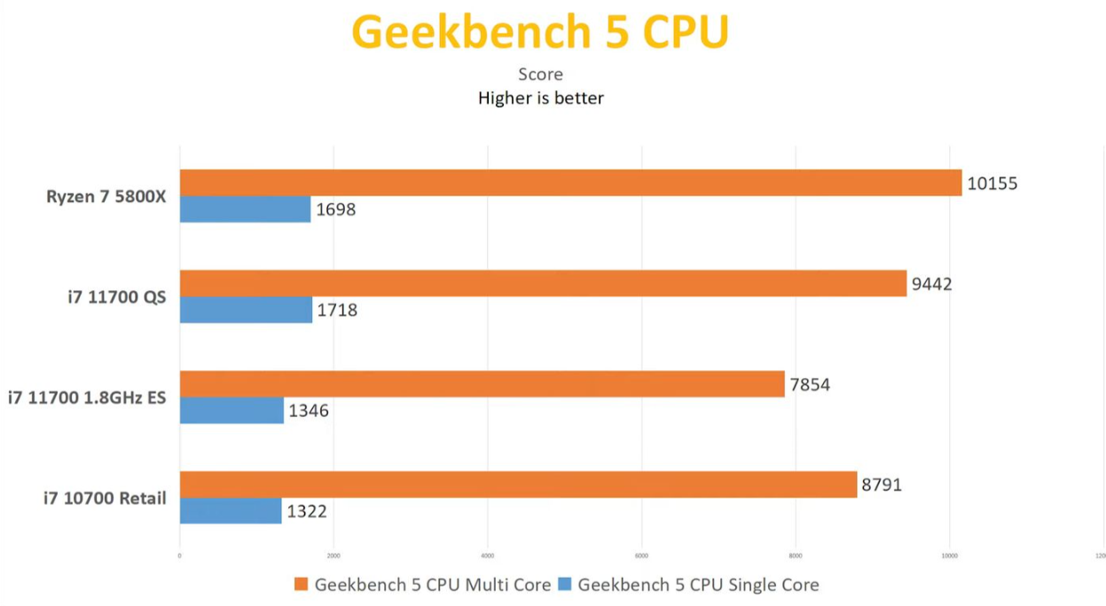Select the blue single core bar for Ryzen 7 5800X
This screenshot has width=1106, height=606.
coord(245,209)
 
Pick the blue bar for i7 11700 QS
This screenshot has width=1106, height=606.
coord(246,310)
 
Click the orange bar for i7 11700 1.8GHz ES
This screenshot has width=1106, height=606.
coord(482,384)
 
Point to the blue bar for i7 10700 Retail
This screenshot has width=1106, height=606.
coord(231,511)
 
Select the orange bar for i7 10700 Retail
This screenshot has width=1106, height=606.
coord(518,484)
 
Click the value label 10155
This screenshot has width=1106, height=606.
coord(992,184)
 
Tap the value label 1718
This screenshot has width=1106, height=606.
coord(337,311)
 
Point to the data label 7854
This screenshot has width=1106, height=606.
coord(810,385)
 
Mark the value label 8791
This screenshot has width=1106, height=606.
coord(882,485)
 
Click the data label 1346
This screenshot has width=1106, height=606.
coord(309,411)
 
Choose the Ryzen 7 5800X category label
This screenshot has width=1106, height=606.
coord(106,197)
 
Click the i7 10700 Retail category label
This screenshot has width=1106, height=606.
coord(105,499)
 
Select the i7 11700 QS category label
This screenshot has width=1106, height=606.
coord(117,297)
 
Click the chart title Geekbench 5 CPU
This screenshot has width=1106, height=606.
coord(540,32)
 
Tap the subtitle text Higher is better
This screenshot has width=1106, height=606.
coord(541,98)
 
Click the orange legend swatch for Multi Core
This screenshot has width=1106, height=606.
coord(301,585)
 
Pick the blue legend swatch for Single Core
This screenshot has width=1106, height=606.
coord(564,585)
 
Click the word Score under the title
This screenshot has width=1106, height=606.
coord(541,75)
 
